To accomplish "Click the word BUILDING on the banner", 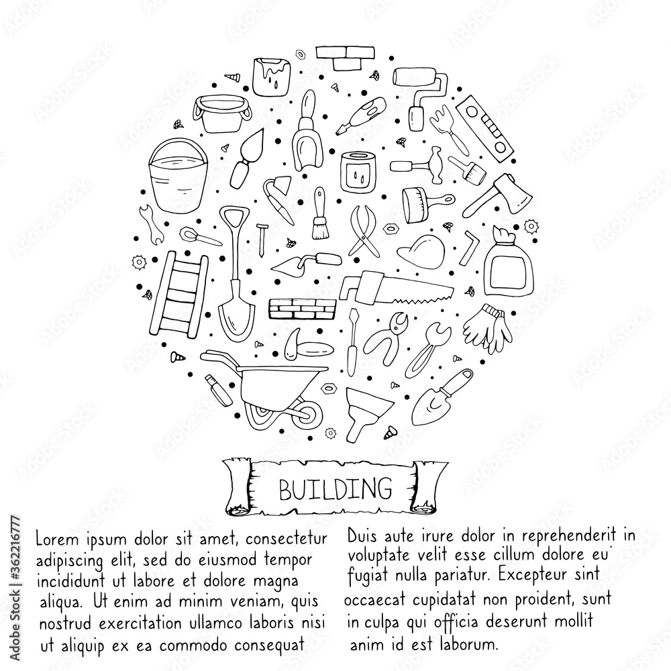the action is pyautogui.click(x=335, y=489).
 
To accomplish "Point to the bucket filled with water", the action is pyautogui.click(x=178, y=176).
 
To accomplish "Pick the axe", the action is pyautogui.click(x=499, y=195).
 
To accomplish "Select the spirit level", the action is pyautogui.click(x=484, y=128).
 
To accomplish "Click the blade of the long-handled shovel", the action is pyautogui.click(x=237, y=310).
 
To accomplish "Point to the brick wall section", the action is pyautogui.click(x=303, y=309).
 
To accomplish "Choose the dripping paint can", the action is pyautogui.click(x=272, y=76).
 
